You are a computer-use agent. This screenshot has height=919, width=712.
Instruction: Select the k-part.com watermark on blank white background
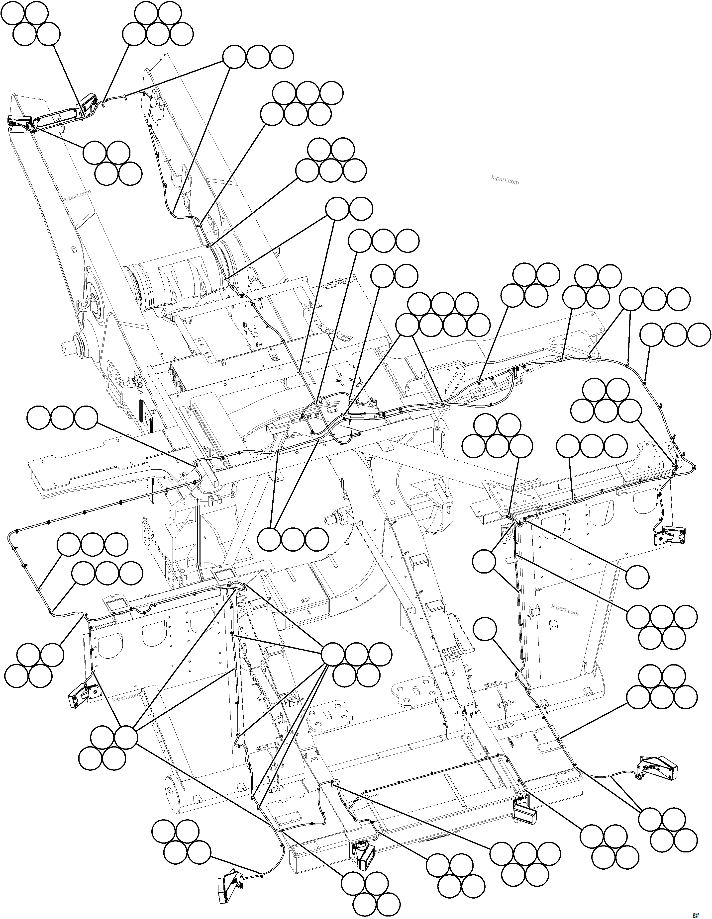pos(505,180)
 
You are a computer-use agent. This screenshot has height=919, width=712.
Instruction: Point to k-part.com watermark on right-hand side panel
pos(565,610)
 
